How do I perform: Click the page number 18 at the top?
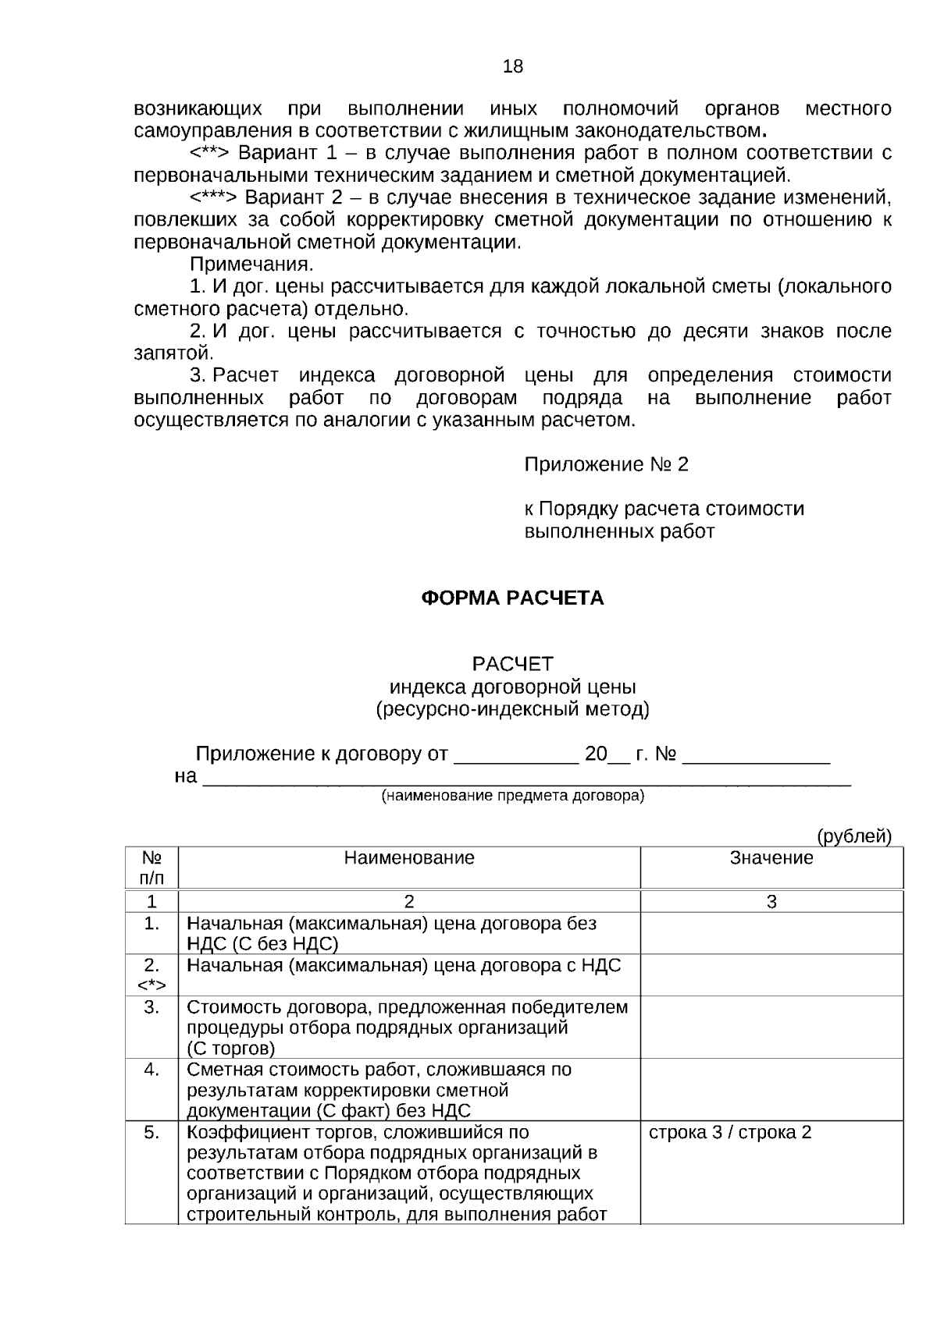coord(513,66)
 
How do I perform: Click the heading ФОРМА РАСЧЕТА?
coord(512,598)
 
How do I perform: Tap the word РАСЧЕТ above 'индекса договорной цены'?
coord(512,664)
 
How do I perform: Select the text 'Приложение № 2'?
coord(606,465)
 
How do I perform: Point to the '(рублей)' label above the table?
coord(853,836)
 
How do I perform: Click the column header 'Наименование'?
coord(409,858)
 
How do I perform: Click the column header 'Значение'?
coord(771,858)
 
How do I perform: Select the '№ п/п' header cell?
coord(151,868)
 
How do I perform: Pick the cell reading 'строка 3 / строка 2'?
coord(730,1132)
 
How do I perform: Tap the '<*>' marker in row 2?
coord(151,985)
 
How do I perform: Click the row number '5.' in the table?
coord(151,1132)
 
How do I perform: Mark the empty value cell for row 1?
coord(771,933)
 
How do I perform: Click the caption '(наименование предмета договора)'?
coord(512,797)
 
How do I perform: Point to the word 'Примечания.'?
coord(251,264)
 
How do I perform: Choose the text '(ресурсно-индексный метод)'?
coord(512,709)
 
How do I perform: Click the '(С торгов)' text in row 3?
coord(230,1048)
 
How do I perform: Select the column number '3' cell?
coord(771,902)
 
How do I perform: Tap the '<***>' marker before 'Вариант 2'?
coord(215,197)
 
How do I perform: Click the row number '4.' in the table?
coord(151,1070)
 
